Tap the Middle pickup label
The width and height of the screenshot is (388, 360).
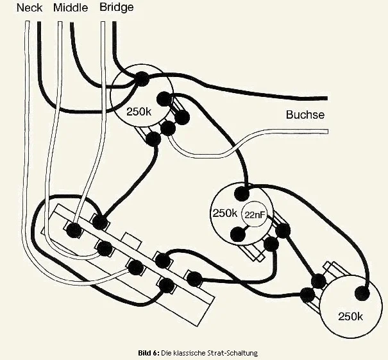coord(71,8)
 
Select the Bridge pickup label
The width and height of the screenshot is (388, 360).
coord(117,8)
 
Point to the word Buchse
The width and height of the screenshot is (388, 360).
coord(305,116)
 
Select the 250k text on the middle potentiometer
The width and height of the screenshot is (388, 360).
coord(224,213)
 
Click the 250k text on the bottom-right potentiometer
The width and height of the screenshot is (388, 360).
coord(351,317)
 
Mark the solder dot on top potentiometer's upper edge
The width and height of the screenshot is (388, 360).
coord(141,78)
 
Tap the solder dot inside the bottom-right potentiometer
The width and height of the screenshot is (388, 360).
coord(362,293)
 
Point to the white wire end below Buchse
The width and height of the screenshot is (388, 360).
coord(325,131)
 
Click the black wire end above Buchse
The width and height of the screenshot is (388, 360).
coord(325,99)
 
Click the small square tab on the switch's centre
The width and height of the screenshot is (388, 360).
coord(132,239)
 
